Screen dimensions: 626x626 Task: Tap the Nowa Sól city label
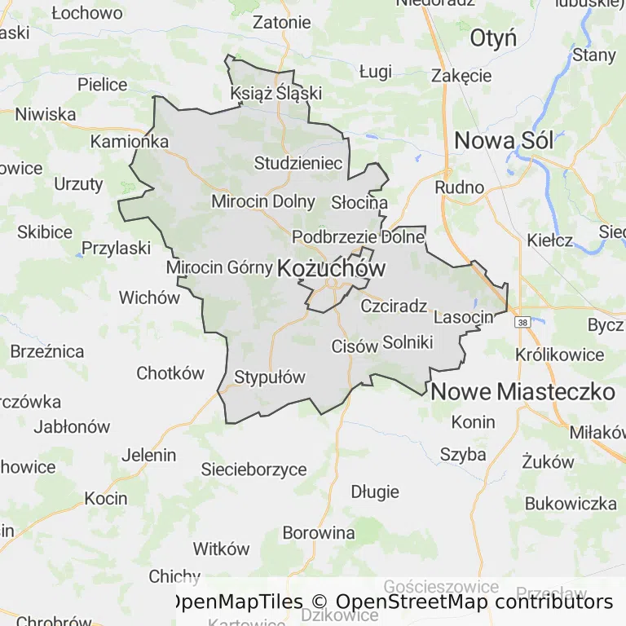pos(504,140)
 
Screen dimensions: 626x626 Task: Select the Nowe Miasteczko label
pos(522,391)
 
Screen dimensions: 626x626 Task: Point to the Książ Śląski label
pos(276,93)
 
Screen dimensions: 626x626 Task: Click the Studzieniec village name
pos(298,163)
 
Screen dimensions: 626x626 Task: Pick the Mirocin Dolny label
pos(262,201)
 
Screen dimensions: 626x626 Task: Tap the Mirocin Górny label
pos(218,267)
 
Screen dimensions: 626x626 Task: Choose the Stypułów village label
pos(269,377)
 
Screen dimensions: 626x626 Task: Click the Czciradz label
pos(394,306)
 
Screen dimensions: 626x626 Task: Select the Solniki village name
pos(407,342)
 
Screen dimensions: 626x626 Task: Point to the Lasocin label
pos(464,316)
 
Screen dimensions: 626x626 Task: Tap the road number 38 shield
pos(522,322)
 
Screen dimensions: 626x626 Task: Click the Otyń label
pos(493,38)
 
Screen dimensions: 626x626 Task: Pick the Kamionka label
pos(130,141)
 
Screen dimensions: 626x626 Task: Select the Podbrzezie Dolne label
pos(359,237)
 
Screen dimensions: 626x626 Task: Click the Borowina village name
pos(319,533)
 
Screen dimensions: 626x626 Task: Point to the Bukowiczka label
pos(571,503)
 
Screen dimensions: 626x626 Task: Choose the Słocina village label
pos(359,202)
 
